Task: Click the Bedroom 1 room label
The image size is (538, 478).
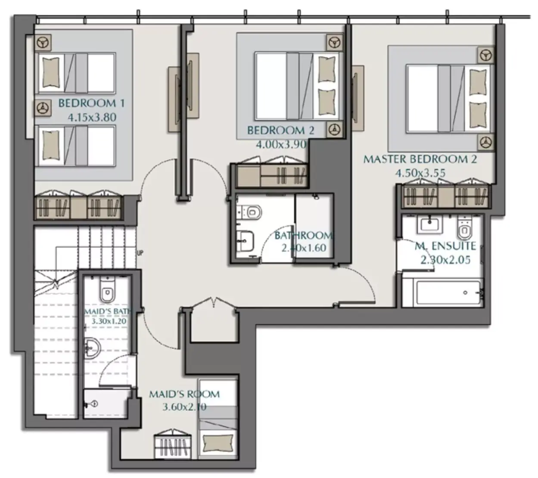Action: point(92,103)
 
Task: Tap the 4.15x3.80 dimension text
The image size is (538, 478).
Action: point(92,117)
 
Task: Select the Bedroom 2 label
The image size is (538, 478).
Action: point(281,130)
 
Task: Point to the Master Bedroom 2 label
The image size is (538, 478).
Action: point(420,159)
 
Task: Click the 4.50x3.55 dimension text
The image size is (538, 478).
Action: point(420,173)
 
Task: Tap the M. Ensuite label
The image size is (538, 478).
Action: point(445,246)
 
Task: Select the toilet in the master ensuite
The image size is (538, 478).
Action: point(464,227)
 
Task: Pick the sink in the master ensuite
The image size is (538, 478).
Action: point(429,225)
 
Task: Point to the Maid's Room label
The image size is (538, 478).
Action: point(184,394)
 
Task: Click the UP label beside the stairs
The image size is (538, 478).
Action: point(140,253)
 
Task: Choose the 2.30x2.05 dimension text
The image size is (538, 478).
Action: point(445,260)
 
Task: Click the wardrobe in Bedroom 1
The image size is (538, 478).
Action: point(79,205)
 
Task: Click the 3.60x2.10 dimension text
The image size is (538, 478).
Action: point(184,407)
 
